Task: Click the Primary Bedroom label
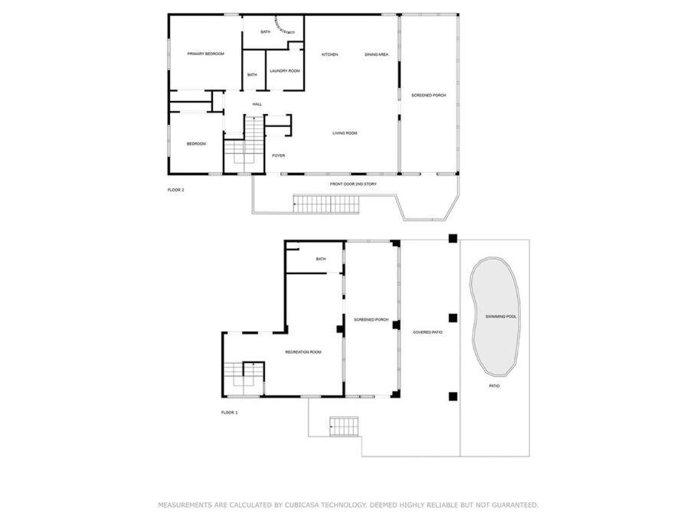pyautogui.click(x=205, y=54)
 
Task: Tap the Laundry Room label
pyautogui.click(x=285, y=70)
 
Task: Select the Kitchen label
pyautogui.click(x=330, y=54)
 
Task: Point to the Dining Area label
pyautogui.click(x=377, y=54)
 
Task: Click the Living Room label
pyautogui.click(x=345, y=133)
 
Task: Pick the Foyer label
pyautogui.click(x=279, y=155)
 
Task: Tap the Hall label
pyautogui.click(x=257, y=104)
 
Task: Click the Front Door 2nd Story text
pyautogui.click(x=353, y=184)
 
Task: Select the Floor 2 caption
pyautogui.click(x=175, y=190)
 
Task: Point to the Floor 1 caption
pyautogui.click(x=229, y=413)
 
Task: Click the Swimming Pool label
pyautogui.click(x=501, y=316)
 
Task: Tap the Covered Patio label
pyautogui.click(x=427, y=332)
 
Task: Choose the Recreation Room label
pyautogui.click(x=303, y=352)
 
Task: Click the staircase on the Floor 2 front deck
pyautogui.click(x=326, y=204)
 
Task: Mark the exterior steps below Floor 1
pyautogui.click(x=344, y=426)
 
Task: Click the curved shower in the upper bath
pyautogui.click(x=283, y=26)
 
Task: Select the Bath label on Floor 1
pyautogui.click(x=321, y=259)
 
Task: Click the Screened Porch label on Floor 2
pyautogui.click(x=428, y=95)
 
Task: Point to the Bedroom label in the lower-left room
pyautogui.click(x=196, y=143)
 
